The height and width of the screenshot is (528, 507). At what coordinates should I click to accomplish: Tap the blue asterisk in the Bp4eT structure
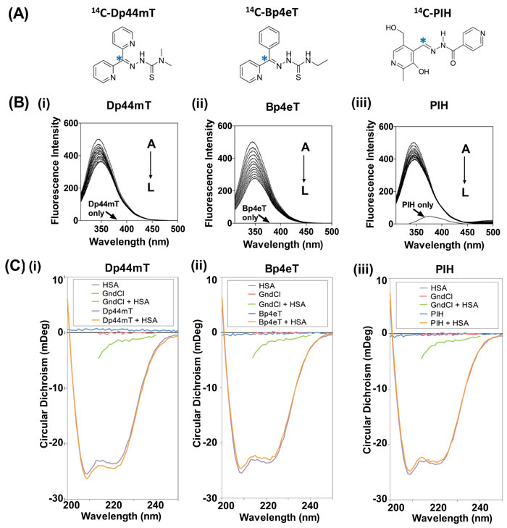(264, 58)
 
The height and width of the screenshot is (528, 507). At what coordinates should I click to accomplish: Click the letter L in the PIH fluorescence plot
(466, 192)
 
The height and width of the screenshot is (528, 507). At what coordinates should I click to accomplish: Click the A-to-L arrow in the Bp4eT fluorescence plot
(304, 171)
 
